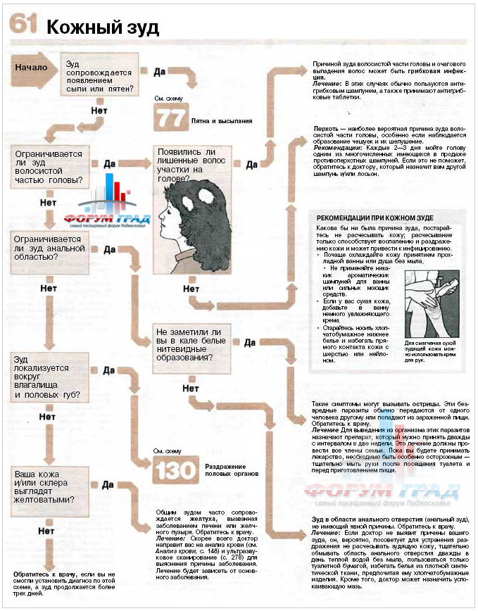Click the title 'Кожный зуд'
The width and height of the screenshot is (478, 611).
(103, 27)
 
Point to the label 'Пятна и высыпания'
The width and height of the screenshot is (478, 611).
(222, 120)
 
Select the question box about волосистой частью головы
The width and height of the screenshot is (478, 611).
(47, 166)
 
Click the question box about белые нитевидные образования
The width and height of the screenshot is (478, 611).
(189, 344)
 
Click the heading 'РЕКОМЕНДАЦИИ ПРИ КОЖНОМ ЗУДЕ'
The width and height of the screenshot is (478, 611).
(375, 218)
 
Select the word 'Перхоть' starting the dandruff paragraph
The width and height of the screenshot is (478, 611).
(325, 131)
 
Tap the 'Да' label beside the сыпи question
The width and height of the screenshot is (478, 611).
(159, 71)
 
